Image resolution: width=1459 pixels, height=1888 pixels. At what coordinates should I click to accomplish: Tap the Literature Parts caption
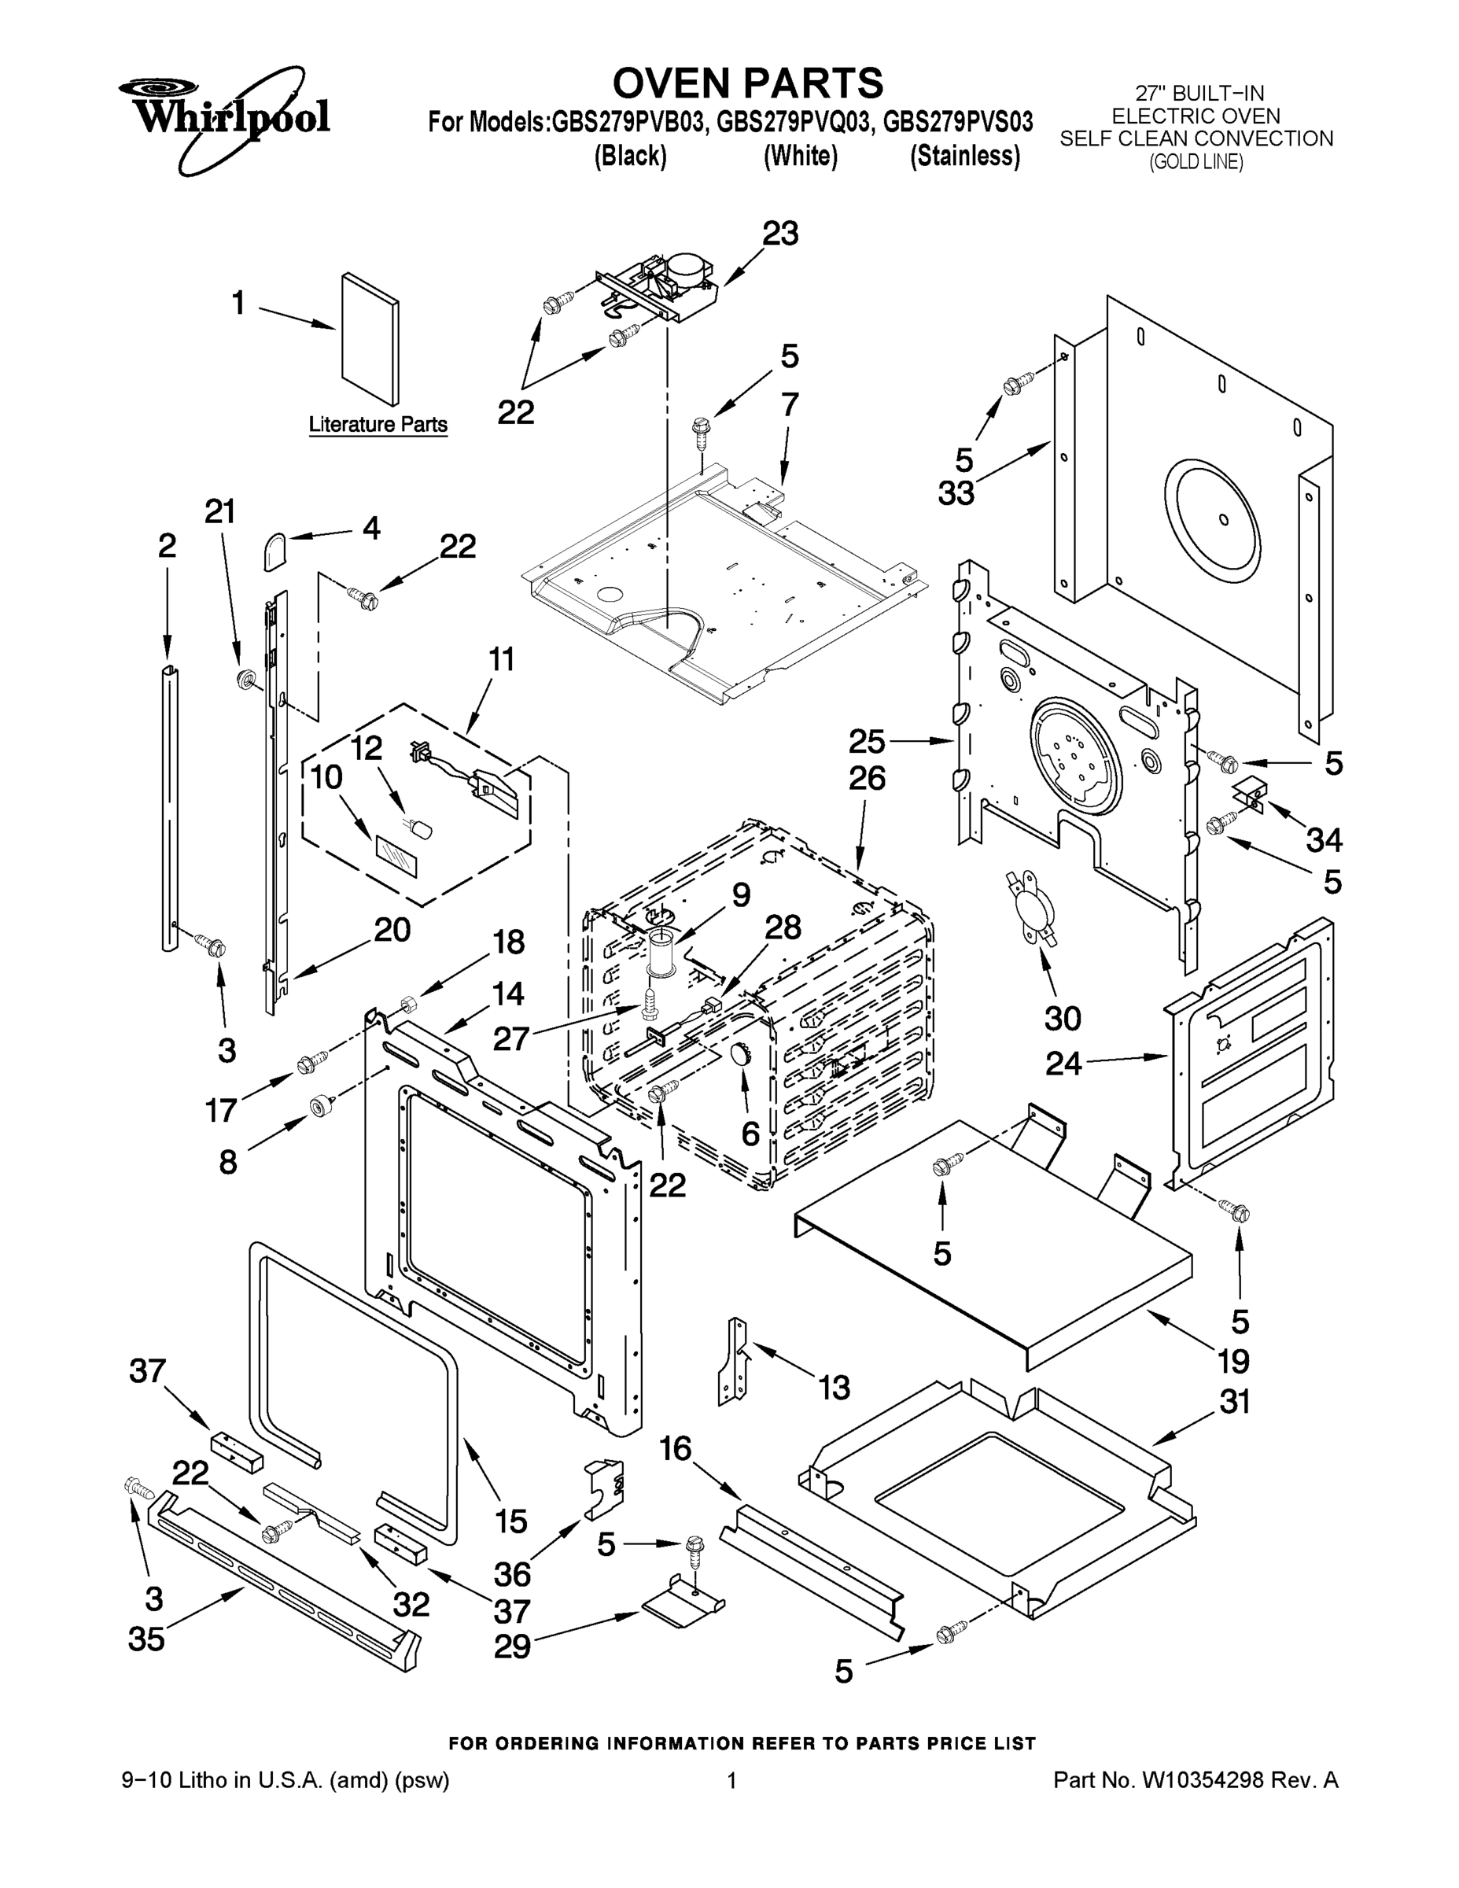click(378, 425)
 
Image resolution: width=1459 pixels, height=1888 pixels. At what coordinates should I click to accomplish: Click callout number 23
click(779, 234)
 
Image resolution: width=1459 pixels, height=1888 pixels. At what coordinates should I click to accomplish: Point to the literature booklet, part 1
click(370, 339)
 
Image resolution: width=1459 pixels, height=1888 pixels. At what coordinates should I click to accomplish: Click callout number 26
click(866, 778)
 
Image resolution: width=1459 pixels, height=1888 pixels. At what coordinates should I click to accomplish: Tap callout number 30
click(1063, 1019)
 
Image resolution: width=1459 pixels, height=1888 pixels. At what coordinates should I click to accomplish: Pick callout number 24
click(1063, 1064)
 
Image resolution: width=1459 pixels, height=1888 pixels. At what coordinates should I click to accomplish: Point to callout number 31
click(1234, 1401)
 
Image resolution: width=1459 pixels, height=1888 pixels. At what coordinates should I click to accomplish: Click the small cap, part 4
click(274, 548)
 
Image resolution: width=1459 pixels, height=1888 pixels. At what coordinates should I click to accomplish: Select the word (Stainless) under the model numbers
click(964, 157)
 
